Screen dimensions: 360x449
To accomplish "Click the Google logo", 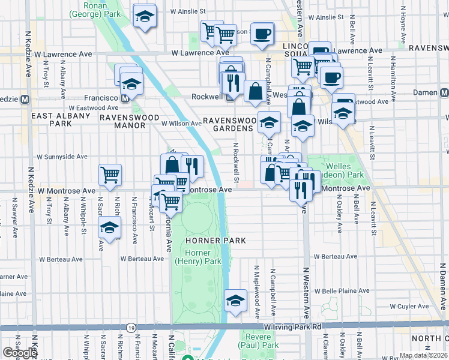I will (19, 353).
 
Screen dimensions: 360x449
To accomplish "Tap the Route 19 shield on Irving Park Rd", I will (131, 327).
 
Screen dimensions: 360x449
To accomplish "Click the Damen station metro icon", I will (444, 93).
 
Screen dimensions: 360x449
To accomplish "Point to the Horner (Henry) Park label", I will (197, 256).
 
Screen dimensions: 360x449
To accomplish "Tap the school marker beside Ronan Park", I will (145, 17).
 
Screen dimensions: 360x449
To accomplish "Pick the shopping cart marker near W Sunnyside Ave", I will (110, 175).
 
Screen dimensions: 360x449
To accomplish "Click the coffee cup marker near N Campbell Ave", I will (261, 34).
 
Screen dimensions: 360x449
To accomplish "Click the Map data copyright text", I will (424, 355).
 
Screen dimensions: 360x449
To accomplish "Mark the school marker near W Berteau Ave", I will (109, 229).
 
